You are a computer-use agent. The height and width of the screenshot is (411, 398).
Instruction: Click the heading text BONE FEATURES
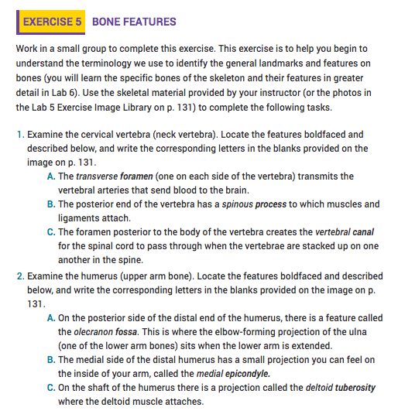click(134, 22)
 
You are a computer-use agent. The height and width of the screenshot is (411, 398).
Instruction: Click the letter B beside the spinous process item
click(51, 204)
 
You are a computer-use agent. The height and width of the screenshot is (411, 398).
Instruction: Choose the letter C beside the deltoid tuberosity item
click(51, 386)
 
